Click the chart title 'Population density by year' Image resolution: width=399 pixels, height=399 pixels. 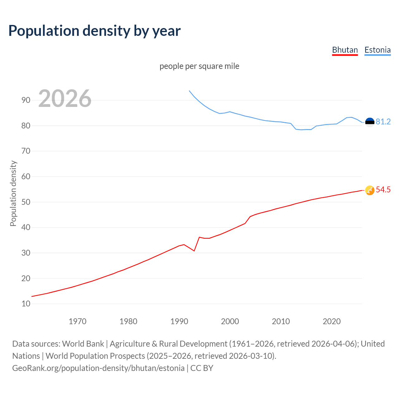tap(94, 31)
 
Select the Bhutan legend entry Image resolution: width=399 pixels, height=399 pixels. tap(345, 50)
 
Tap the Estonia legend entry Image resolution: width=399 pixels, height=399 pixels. tap(377, 50)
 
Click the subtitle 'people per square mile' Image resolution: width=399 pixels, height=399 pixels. tap(199, 66)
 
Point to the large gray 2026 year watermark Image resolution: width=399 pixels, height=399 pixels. tap(65, 99)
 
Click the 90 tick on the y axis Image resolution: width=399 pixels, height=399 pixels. tap(26, 100)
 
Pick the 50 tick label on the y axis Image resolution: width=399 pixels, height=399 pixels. tap(26, 202)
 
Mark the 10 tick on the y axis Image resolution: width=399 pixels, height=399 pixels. tap(26, 304)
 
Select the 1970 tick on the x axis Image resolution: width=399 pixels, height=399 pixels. tap(77, 321)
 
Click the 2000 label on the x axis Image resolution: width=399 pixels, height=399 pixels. tap(230, 321)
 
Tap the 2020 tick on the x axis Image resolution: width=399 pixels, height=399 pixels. tap(331, 321)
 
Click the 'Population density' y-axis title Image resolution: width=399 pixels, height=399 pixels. tap(13, 193)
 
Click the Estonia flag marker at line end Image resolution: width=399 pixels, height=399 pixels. tap(369, 122)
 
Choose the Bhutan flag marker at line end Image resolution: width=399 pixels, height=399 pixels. tap(369, 190)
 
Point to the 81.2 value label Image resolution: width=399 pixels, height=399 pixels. tap(383, 122)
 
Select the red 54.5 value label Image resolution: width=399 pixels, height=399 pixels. tap(383, 190)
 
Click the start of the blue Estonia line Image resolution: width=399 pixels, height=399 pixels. tap(189, 91)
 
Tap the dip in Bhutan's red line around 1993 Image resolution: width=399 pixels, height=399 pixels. tap(194, 251)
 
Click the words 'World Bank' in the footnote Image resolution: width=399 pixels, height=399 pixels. tap(83, 344)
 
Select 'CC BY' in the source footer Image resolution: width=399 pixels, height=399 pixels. tap(202, 368)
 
